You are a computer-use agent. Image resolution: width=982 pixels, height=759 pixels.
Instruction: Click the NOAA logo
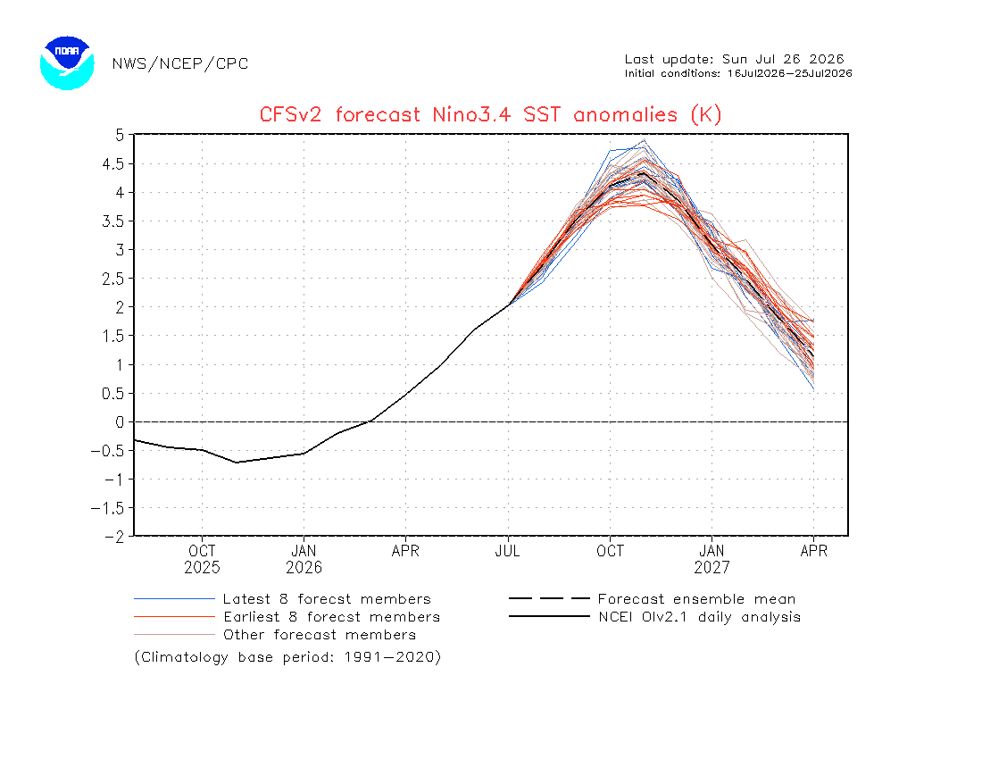67,63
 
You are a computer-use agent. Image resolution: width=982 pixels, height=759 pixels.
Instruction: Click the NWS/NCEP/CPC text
180,64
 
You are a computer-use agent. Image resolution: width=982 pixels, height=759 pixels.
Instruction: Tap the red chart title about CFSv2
490,114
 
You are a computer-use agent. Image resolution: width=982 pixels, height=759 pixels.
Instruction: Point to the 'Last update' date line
734,60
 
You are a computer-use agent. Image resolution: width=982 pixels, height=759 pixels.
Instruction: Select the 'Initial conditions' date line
738,73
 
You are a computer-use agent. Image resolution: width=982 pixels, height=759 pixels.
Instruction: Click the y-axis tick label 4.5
113,164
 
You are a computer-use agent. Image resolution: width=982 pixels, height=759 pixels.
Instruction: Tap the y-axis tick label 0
120,422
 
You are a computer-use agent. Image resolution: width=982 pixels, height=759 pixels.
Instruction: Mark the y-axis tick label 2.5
113,279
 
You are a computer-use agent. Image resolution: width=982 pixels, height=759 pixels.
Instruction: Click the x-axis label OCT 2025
202,559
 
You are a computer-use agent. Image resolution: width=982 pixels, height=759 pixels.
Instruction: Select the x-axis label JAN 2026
304,559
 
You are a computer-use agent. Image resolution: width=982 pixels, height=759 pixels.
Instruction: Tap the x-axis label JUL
507,551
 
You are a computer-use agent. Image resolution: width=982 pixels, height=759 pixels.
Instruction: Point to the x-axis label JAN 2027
712,559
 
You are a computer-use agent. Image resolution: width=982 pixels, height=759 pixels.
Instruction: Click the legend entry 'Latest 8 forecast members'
327,599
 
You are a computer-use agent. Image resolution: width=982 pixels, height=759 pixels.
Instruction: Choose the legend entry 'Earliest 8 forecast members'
332,617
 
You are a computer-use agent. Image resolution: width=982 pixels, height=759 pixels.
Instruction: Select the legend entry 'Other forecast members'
320,635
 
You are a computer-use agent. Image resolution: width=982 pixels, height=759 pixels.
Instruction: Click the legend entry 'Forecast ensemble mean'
696,599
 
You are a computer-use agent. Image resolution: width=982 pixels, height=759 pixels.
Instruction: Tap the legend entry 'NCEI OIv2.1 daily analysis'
700,617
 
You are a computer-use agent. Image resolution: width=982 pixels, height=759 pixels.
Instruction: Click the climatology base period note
287,657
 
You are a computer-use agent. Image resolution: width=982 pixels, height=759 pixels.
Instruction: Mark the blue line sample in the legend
174,599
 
